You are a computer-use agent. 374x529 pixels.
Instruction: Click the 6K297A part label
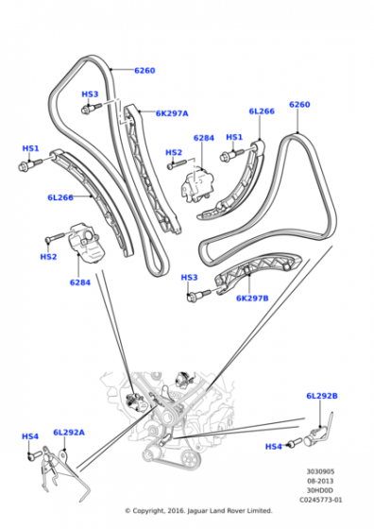tap(173, 113)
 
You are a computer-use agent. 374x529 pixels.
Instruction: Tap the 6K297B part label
tap(253, 298)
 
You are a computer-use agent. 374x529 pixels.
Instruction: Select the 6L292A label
tap(69, 432)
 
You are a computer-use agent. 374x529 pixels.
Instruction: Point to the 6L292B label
tap(321, 396)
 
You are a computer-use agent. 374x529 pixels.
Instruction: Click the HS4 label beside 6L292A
tap(30, 436)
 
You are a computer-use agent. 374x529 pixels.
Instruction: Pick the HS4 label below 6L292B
tap(273, 446)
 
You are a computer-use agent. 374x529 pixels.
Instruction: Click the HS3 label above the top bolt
tap(90, 94)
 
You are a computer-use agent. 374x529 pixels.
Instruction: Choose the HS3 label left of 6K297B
tap(190, 278)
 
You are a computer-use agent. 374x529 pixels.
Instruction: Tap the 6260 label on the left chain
tap(144, 70)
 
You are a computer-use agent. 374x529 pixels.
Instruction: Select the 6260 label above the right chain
tap(299, 104)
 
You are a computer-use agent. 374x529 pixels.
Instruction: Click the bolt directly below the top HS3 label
tap(87, 110)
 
